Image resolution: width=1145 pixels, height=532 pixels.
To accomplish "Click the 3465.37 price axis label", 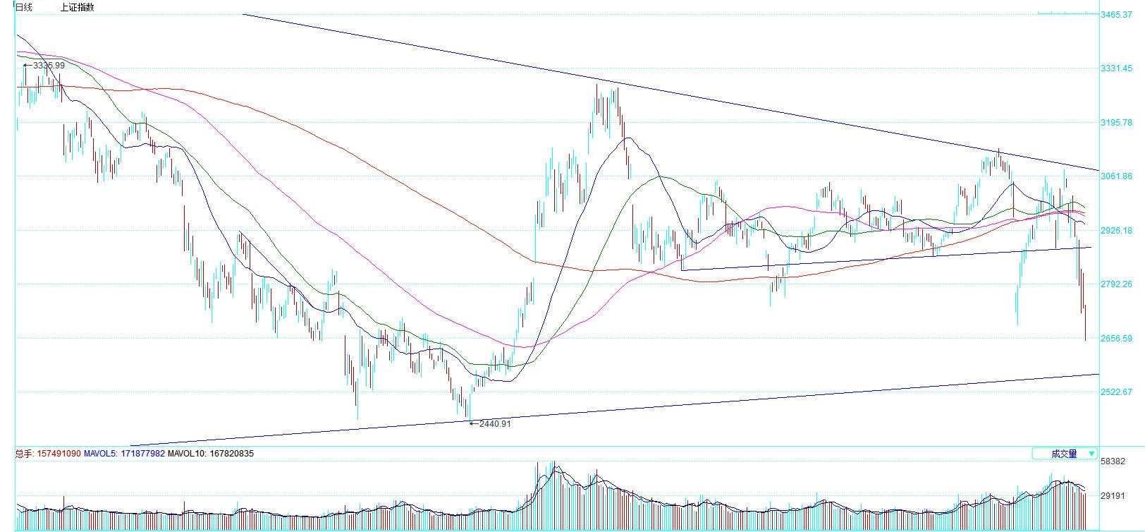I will (x=1116, y=15).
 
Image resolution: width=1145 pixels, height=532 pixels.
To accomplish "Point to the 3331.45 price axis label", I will (x=1116, y=68).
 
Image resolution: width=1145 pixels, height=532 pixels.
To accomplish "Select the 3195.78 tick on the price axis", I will (x=1116, y=123).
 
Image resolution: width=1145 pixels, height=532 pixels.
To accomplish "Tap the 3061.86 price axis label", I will (x=1116, y=176).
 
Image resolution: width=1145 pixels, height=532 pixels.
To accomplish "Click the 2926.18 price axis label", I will (x=1116, y=231).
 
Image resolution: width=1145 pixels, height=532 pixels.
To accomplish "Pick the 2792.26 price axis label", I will (x=1116, y=284).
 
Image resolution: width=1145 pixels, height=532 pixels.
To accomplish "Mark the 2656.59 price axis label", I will (x=1116, y=339).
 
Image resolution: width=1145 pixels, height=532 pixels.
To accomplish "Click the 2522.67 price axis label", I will (x=1116, y=392).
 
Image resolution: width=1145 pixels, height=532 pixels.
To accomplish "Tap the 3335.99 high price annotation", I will (x=48, y=66).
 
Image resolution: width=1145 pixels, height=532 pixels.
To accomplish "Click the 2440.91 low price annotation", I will (x=494, y=424).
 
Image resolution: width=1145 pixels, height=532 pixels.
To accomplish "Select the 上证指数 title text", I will (x=77, y=7).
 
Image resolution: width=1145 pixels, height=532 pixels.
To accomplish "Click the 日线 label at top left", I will (x=24, y=7).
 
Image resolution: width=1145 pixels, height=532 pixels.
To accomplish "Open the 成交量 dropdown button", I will (x=1064, y=454).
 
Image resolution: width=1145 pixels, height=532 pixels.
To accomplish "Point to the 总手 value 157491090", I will (x=58, y=454).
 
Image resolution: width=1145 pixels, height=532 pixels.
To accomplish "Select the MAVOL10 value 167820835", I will (x=227, y=454).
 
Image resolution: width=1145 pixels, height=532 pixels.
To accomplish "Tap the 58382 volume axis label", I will (x=1113, y=461).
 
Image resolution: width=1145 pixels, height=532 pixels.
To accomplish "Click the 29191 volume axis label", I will (x=1113, y=497).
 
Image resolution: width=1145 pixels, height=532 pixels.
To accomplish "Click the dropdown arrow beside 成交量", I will (x=1091, y=454).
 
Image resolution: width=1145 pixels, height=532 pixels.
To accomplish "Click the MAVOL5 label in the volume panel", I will (x=97, y=454).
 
